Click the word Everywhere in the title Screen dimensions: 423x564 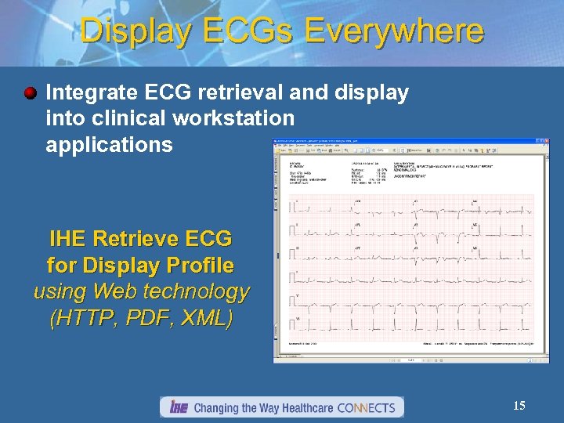pos(394,31)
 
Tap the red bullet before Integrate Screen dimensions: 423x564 pos(30,94)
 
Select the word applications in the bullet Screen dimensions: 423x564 pos(109,145)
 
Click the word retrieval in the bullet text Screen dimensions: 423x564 pos(251,93)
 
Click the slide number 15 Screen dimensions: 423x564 pos(519,406)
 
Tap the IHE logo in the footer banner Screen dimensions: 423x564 pos(179,407)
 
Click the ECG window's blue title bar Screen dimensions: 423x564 pos(392,142)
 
